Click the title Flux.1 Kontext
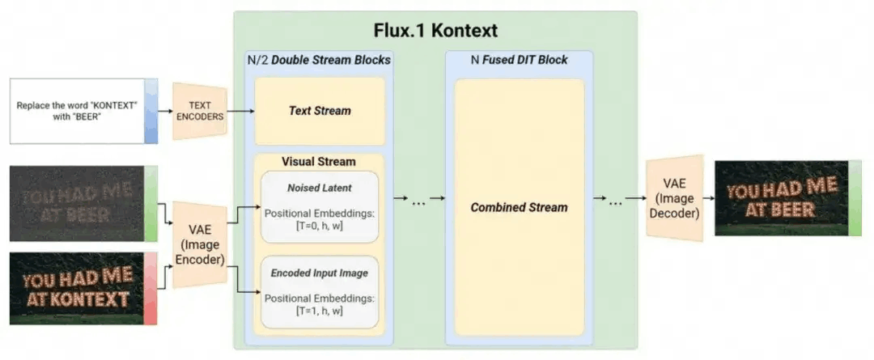tap(435, 31)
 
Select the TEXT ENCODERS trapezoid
tap(199, 110)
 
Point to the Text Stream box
tap(320, 110)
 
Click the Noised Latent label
tap(319, 188)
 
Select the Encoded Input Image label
tap(319, 273)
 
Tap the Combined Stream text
tap(519, 207)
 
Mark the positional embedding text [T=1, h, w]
tap(319, 310)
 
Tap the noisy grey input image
tap(76, 203)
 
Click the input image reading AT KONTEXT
tap(76, 288)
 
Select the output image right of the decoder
tap(782, 198)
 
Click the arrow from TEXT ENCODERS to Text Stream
tap(240, 110)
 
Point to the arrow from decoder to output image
tap(708, 198)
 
